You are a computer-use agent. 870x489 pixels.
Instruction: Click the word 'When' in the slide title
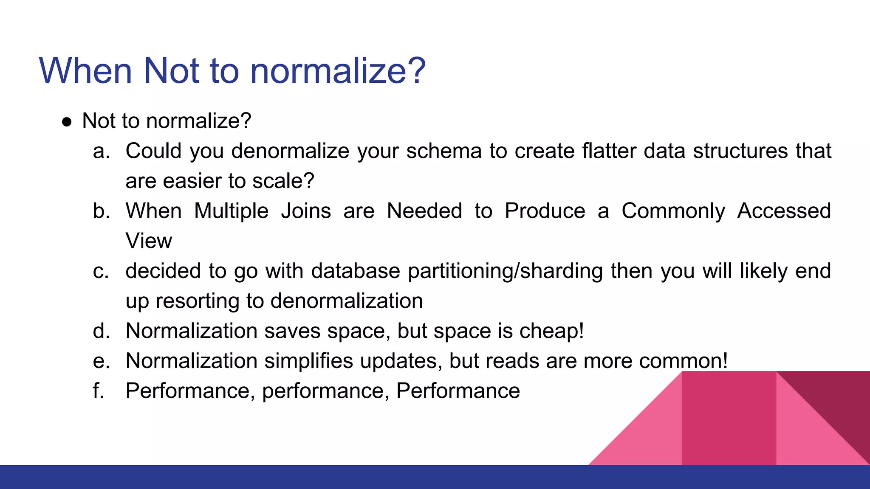click(85, 70)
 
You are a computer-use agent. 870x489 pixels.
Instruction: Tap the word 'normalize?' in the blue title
click(338, 70)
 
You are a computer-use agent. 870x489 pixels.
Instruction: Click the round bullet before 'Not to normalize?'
click(67, 122)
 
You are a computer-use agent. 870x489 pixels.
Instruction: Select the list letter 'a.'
click(102, 151)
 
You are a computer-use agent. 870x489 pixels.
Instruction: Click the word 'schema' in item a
click(443, 151)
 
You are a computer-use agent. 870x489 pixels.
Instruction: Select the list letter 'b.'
click(102, 211)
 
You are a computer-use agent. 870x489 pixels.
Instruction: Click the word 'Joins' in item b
click(306, 211)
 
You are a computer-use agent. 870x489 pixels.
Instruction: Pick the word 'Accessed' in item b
click(784, 211)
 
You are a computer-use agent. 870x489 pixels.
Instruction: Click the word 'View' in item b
click(149, 241)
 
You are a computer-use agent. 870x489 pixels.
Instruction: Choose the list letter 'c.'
click(101, 271)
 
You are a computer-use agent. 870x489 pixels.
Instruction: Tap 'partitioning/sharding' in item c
click(505, 271)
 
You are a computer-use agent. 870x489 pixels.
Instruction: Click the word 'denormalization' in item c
click(347, 301)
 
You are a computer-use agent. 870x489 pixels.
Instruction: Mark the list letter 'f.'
click(99, 391)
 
